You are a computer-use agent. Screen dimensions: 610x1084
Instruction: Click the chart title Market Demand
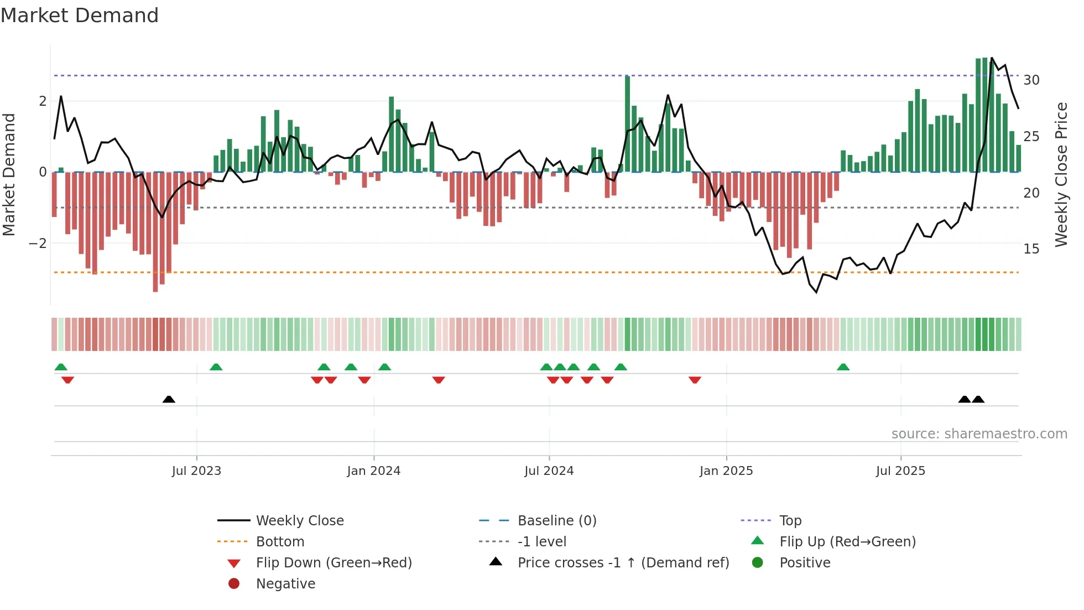coord(80,15)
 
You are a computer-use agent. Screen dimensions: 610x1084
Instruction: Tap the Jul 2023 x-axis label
coord(196,471)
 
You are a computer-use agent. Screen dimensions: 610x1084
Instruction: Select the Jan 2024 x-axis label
coord(374,471)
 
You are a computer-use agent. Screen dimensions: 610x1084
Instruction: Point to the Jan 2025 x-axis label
coord(726,471)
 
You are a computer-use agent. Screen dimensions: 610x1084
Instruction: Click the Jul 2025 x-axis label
coord(900,471)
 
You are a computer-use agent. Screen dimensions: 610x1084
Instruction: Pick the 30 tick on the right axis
coord(1031,80)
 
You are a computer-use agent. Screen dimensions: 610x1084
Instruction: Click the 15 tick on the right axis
coord(1031,249)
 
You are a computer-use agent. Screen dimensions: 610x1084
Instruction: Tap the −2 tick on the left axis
coord(38,244)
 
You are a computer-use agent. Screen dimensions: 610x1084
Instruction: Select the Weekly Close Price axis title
coord(1061,174)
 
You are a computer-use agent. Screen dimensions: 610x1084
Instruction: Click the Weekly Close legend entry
coord(299,521)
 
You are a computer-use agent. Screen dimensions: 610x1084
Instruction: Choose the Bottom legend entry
coord(280,542)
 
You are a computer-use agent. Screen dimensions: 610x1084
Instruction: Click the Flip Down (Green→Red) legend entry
coord(333,563)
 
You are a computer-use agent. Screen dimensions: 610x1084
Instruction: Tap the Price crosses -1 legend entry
coord(623,563)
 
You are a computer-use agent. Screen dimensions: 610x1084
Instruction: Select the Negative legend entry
coord(285,584)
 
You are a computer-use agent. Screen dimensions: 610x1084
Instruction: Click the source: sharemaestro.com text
coord(979,434)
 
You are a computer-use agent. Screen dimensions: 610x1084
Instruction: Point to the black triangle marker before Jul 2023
coord(169,399)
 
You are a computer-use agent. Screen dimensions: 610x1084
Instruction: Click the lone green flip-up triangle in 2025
coord(843,367)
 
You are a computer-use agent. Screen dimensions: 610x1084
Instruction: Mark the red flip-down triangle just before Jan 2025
coord(695,380)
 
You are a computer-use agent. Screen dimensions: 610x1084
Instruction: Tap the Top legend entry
coord(790,521)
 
